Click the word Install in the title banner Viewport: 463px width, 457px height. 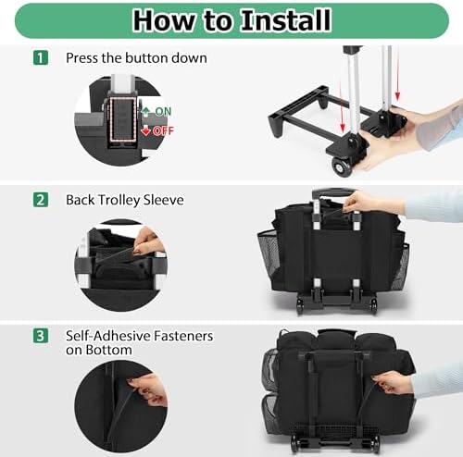click(x=286, y=20)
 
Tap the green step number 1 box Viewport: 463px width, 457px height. click(x=41, y=57)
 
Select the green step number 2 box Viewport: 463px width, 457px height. click(x=41, y=200)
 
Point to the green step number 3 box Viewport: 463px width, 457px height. click(x=41, y=336)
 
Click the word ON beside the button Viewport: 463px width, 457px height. click(x=163, y=111)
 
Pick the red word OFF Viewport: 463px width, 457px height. click(x=163, y=130)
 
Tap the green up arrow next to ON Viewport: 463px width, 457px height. click(x=146, y=112)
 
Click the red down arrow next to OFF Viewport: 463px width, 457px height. click(x=145, y=131)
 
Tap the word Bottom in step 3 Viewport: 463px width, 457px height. click(x=108, y=350)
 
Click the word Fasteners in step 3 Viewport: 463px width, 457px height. click(x=183, y=336)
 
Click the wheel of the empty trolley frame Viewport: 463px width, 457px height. click(x=341, y=167)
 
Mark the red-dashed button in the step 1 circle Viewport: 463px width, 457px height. click(x=122, y=118)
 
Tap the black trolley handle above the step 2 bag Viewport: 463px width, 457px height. click(x=334, y=192)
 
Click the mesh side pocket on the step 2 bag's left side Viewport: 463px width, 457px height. click(x=269, y=253)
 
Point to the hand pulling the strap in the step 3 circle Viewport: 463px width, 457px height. click(x=148, y=389)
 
